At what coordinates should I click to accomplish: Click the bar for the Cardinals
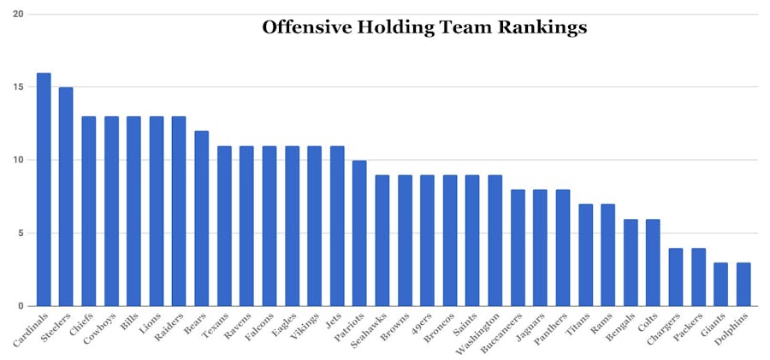pos(44,190)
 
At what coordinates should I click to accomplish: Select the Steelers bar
pos(66,197)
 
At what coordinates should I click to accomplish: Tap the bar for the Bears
pos(201,219)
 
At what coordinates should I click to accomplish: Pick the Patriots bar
pos(359,233)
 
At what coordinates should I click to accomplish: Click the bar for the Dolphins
pos(743,284)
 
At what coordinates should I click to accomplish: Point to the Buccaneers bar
pos(518,248)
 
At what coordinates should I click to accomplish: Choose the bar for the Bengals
pos(630,263)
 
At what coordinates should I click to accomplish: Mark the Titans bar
pos(585,255)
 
